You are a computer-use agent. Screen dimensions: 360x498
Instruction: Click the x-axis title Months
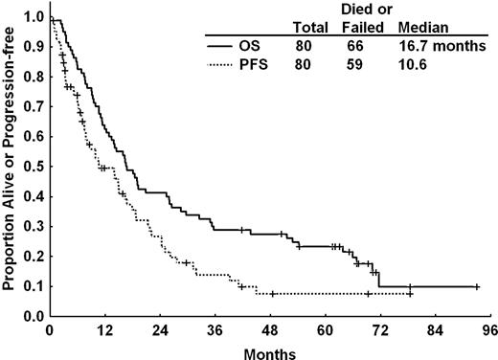(x=270, y=351)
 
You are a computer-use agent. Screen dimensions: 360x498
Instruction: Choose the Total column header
(x=312, y=27)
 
